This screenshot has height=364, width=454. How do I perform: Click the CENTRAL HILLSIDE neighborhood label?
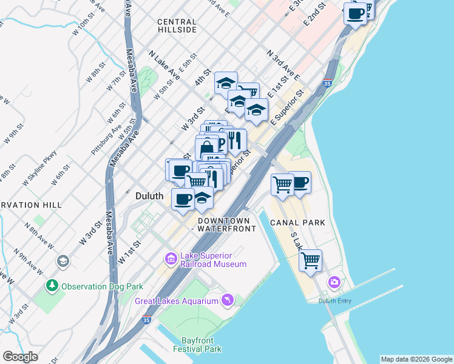pos(177,25)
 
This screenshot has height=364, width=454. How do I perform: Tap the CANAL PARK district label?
pos(299,223)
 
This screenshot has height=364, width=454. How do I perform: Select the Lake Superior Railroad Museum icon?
pos(171,259)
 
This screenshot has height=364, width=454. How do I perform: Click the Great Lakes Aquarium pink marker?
pos(227,299)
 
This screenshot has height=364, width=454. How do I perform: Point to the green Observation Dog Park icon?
pos(53,286)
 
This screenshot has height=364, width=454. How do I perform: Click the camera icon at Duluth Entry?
pos(334,282)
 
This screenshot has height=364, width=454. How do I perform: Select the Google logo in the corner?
pos(20,356)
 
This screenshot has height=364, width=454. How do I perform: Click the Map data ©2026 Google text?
pos(416,359)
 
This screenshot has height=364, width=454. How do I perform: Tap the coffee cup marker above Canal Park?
pos(300,182)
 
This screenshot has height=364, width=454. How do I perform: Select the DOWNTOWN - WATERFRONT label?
pos(223,224)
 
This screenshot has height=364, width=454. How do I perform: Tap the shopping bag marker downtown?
pos(206,147)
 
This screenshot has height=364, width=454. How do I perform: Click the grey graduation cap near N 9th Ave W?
pos(62,261)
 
